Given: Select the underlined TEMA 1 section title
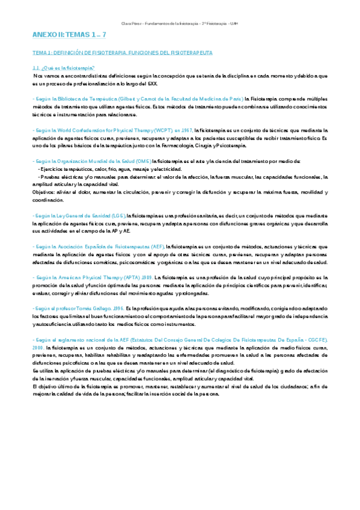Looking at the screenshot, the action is click(x=122, y=53).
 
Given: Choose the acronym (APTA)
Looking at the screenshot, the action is click(x=133, y=278).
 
